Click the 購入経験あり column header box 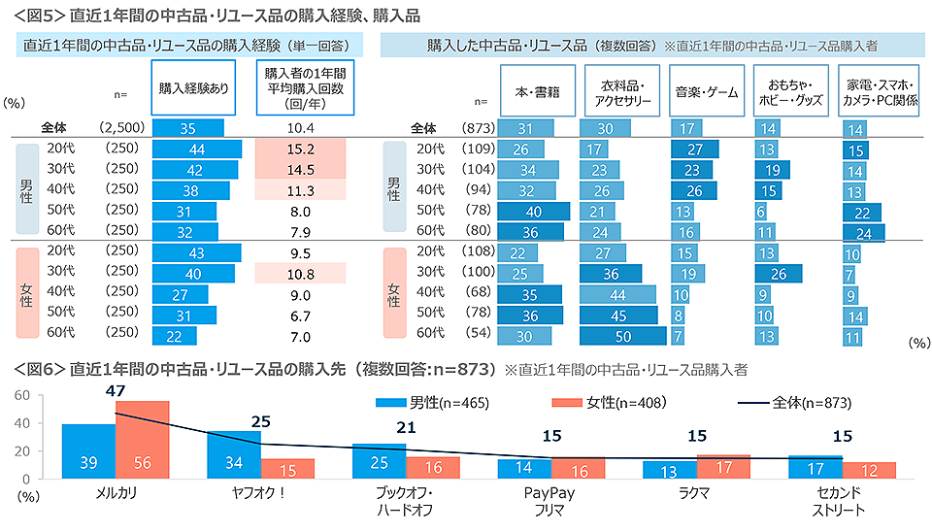pos(193,86)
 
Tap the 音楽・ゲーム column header pos(704,92)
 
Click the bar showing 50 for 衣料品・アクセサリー pos(622,336)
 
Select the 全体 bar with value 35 pos(188,127)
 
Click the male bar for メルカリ pos(88,451)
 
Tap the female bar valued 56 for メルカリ pos(143,440)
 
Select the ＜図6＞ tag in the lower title pos(39,370)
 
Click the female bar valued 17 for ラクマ pos(723,466)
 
